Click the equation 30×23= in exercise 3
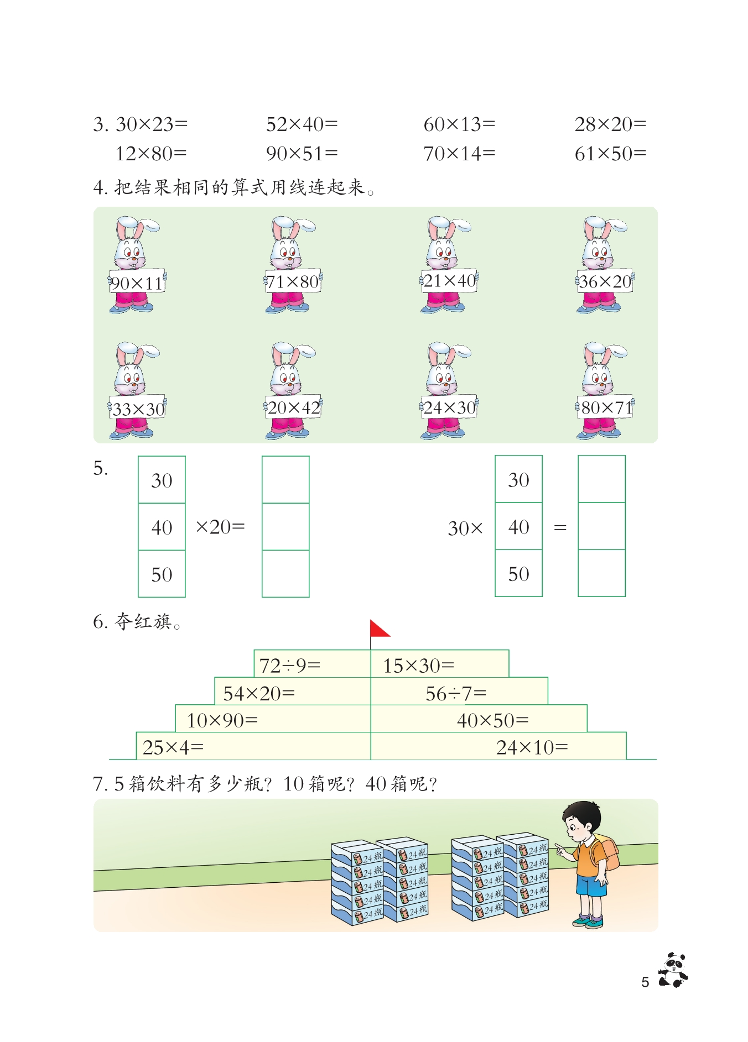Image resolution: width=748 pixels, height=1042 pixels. point(152,124)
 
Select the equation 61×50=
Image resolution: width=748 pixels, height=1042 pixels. point(610,154)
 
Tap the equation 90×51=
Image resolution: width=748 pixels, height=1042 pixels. point(302,154)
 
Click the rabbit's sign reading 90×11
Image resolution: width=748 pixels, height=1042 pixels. point(137,283)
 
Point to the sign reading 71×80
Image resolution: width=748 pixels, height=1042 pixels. point(293,282)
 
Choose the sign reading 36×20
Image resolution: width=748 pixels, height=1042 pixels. point(605,282)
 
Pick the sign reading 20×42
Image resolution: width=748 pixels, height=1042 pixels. point(294,408)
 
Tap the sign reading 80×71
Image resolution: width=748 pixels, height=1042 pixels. point(606,408)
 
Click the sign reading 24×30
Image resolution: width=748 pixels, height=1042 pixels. point(449,408)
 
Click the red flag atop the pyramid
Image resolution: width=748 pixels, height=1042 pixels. point(379,629)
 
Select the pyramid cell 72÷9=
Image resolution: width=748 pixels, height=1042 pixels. point(312,664)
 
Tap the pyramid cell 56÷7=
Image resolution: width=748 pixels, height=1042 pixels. point(459,692)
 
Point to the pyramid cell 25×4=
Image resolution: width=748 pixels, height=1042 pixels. point(253,747)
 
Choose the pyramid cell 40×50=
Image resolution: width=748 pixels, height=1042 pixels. point(479,720)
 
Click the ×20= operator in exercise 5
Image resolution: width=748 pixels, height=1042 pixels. point(220,527)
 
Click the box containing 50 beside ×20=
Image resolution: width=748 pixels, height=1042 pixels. point(162,574)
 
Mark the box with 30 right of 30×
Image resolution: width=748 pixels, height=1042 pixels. point(518,480)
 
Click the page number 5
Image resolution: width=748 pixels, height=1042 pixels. point(645,982)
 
